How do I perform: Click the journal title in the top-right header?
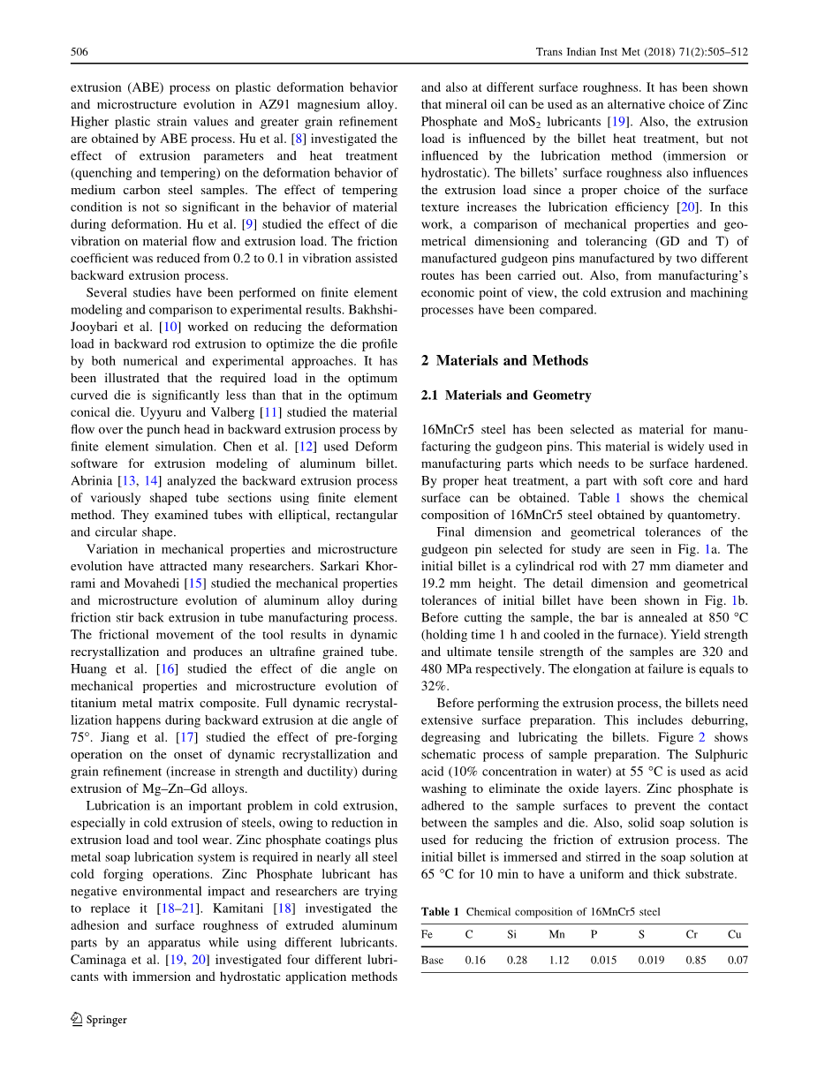pos(642,52)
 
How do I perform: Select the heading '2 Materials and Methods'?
pos(504,360)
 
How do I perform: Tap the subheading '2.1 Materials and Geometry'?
pos(506,395)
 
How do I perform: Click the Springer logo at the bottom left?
pos(99,1019)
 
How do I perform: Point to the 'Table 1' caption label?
pos(440,911)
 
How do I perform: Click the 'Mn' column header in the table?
pos(556,934)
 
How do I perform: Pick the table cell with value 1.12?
pos(558,960)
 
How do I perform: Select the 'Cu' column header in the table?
pos(735,934)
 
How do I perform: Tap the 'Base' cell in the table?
pos(433,960)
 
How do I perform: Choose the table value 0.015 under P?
pos(603,960)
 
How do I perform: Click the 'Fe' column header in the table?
pos(427,934)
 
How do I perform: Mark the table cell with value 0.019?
pos(651,960)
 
